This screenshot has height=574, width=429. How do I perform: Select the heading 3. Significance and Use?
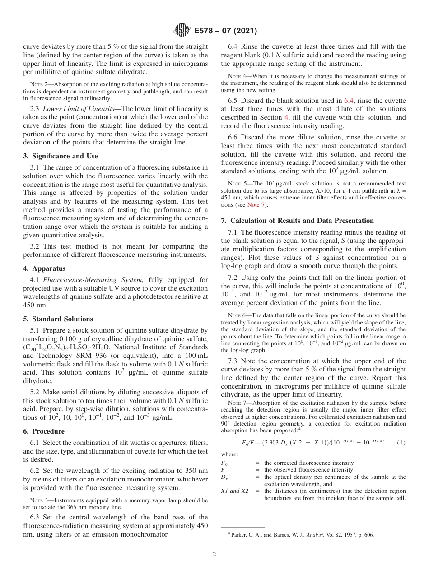(61, 156)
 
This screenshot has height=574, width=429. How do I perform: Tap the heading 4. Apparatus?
(43, 268)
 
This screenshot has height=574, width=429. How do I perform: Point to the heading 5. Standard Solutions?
(58, 319)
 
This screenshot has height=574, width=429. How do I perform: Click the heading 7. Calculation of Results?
(298, 220)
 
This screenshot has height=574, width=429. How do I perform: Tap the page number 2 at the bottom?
(214, 555)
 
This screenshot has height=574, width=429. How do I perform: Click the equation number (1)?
(401, 442)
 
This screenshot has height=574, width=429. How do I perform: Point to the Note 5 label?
(236, 184)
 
